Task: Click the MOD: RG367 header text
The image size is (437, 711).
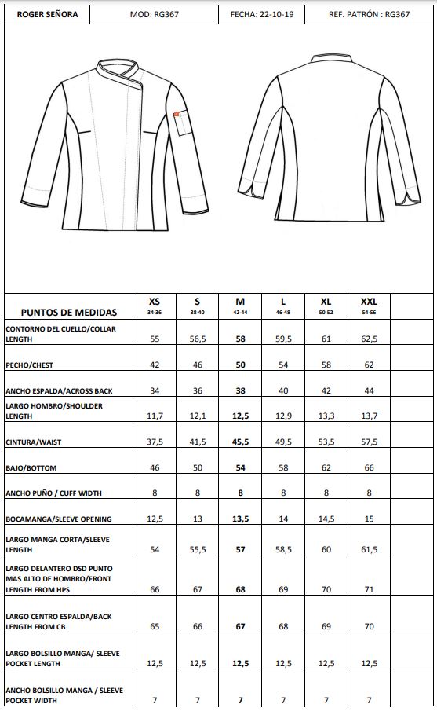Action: [x=155, y=14]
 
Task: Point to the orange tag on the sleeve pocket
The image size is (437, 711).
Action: [x=177, y=116]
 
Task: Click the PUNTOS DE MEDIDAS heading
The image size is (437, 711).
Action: [x=69, y=312]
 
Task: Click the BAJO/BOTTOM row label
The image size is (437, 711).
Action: [x=31, y=468]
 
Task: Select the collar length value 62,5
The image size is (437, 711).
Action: [x=369, y=339]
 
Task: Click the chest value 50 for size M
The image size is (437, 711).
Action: [x=240, y=365]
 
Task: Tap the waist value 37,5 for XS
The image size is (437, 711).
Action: [x=155, y=442]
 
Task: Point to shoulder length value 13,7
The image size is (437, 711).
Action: [x=369, y=416]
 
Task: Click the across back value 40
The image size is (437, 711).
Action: [x=283, y=391]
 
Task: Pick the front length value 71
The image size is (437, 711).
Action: [x=369, y=589]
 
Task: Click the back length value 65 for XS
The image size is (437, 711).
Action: [x=155, y=627]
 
